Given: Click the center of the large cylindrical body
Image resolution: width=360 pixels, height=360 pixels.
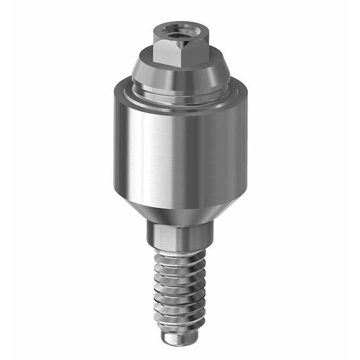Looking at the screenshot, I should pyautogui.click(x=180, y=147).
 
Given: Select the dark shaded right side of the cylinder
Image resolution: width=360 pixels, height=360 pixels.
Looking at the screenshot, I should pyautogui.click(x=234, y=147).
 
